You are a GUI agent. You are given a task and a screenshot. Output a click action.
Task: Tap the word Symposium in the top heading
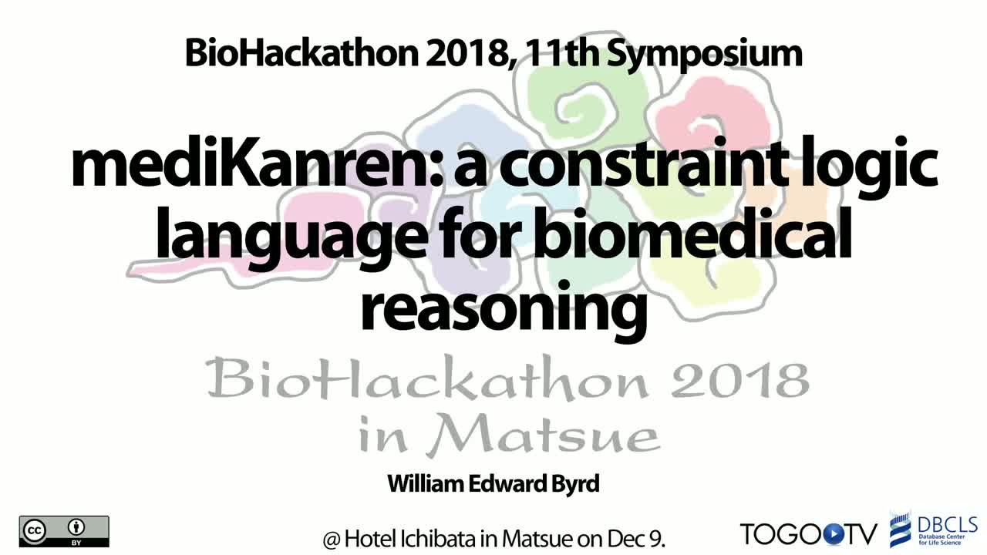click(x=704, y=54)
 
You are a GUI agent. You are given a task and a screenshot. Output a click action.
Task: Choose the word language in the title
click(x=291, y=238)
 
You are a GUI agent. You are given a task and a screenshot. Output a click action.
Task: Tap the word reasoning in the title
click(x=504, y=309)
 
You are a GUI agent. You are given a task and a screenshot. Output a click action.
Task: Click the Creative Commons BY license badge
click(x=64, y=531)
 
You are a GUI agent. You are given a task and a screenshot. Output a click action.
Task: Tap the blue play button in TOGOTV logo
click(x=832, y=534)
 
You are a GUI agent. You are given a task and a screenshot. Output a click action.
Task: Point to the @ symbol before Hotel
click(x=331, y=539)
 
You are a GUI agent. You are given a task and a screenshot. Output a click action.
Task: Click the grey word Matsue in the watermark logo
click(x=542, y=434)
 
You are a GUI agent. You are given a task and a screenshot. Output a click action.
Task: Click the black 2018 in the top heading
click(x=470, y=53)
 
